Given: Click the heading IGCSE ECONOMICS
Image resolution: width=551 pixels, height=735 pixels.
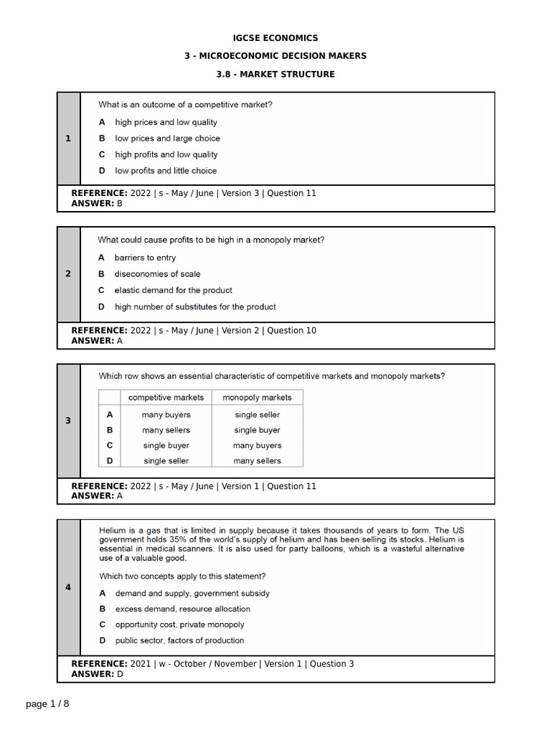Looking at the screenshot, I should coord(275,38).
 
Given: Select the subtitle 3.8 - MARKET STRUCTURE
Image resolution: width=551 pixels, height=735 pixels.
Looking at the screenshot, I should coord(275,74).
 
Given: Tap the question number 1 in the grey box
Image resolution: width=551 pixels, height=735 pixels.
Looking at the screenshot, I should coord(68,139).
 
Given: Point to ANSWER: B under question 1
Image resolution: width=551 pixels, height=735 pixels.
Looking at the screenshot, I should coord(97,204).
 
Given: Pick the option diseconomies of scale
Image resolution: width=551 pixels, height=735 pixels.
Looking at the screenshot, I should coord(157,274).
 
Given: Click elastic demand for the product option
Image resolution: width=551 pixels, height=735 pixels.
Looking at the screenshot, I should coord(173,291).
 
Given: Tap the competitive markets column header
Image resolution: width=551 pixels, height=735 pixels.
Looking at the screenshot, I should coord(166,398).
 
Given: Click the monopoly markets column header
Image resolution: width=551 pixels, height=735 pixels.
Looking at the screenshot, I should coord(257,398).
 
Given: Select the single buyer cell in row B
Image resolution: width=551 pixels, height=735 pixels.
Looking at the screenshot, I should coord(257,431).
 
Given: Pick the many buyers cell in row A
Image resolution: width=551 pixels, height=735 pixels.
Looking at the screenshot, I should coord(166,415).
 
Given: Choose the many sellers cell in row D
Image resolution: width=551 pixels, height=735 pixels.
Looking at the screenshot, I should coord(257,461).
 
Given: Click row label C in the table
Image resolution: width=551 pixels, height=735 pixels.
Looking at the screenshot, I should coord(110,446).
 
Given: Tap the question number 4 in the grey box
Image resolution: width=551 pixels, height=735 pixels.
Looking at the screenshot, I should coord(68,587).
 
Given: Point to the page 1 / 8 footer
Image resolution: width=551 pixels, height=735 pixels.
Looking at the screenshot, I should coord(48,704).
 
